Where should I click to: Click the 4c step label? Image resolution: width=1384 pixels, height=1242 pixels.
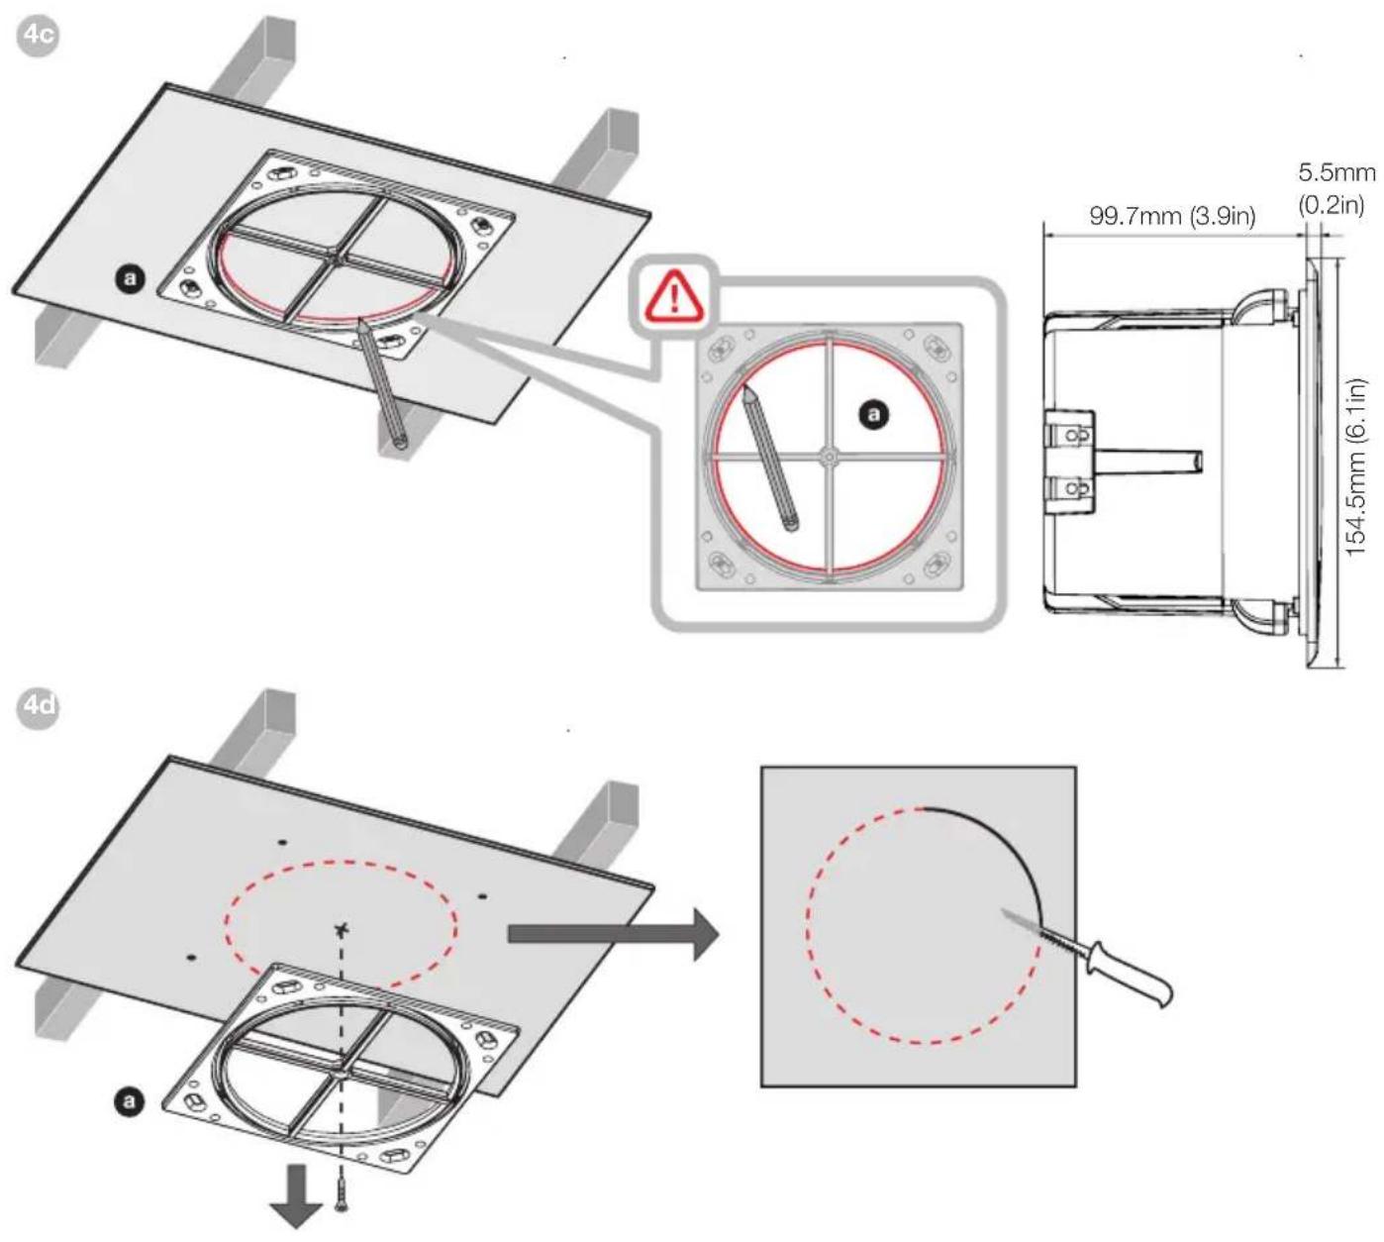(x=38, y=35)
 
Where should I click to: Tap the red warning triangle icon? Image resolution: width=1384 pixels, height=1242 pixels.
(x=674, y=295)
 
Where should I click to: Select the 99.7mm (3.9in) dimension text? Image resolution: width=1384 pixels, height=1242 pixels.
(x=1172, y=216)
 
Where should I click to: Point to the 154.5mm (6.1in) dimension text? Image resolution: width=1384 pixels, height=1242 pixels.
(x=1355, y=467)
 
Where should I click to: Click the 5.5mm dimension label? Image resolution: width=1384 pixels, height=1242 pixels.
(x=1336, y=172)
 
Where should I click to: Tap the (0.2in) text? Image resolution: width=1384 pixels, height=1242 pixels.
(x=1332, y=204)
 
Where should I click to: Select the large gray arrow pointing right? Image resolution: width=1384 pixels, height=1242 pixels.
(x=613, y=934)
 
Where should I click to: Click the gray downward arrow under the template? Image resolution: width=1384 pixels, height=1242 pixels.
(x=296, y=1196)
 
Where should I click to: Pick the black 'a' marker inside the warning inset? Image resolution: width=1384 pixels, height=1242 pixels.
(x=874, y=415)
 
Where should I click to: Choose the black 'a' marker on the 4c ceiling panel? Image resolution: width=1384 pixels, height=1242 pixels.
(x=131, y=279)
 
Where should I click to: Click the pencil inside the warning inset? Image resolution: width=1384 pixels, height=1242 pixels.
(x=770, y=458)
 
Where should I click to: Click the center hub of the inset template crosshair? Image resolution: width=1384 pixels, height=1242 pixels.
(x=829, y=456)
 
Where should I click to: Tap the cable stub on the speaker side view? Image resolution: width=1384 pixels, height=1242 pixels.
(x=1147, y=462)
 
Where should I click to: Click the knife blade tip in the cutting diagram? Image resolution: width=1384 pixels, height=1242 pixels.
(x=1002, y=910)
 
